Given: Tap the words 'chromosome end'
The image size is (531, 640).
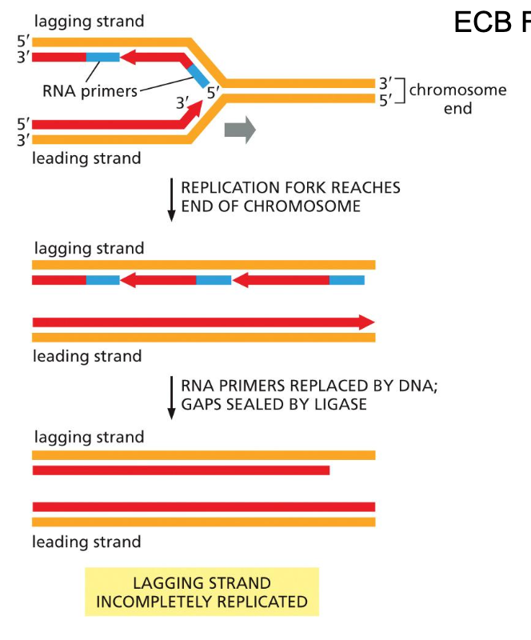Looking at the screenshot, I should coord(457,98).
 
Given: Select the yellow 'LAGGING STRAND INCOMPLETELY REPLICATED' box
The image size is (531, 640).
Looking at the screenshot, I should coord(202,592).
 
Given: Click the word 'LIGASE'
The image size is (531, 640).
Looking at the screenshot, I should coord(339,404).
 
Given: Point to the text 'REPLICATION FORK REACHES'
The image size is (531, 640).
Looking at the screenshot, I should coord(290,188).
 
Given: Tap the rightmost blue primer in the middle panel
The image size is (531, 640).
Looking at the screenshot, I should coord(346,280).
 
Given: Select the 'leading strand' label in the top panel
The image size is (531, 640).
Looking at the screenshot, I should coord(86,158).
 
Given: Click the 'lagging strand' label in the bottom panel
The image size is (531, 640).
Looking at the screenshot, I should coord(88,437).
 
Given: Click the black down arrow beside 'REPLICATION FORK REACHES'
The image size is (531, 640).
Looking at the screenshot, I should coord(171,200).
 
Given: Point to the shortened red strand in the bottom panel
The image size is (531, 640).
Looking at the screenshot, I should coord(181,470).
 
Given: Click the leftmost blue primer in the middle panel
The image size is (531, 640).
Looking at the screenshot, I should coord(102,280).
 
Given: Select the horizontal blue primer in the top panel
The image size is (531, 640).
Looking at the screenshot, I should coord(102,57).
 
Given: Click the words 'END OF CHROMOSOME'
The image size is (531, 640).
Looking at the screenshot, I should coord(270,206).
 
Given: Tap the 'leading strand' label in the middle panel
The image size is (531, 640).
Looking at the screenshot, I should coord(86,356).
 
